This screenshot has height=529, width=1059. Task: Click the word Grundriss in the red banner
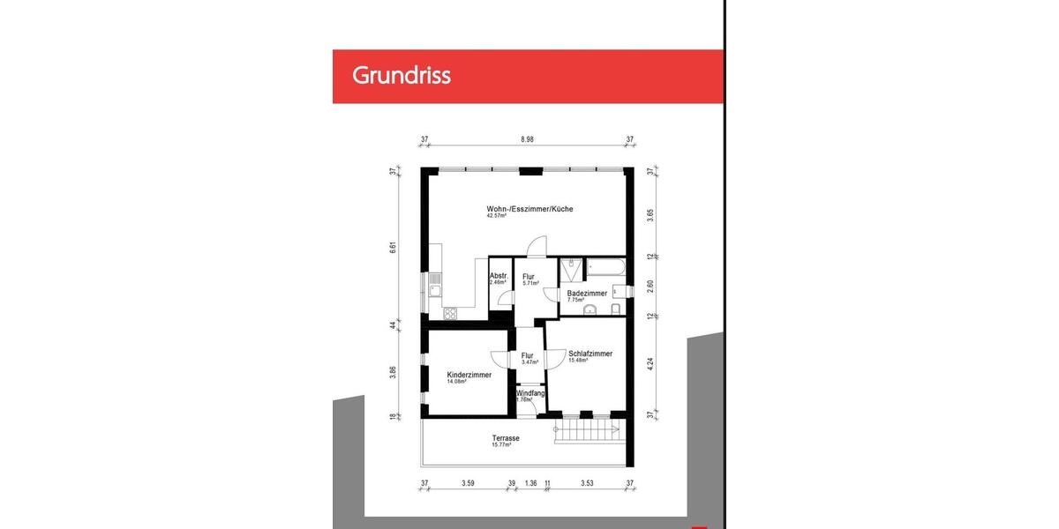pyautogui.click(x=402, y=76)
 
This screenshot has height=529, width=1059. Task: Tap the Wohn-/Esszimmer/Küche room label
pyautogui.click(x=530, y=209)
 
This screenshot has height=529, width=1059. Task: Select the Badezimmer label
pyautogui.click(x=587, y=293)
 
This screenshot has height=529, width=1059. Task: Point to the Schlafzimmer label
pyautogui.click(x=590, y=354)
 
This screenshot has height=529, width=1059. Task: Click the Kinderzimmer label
pyautogui.click(x=469, y=375)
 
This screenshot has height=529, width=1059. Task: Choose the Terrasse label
pyautogui.click(x=506, y=438)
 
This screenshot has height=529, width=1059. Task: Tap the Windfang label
pyautogui.click(x=531, y=393)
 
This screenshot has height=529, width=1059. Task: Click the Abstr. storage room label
pyautogui.click(x=499, y=276)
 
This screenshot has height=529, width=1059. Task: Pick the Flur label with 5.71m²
pyautogui.click(x=529, y=277)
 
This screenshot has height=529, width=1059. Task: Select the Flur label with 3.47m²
pyautogui.click(x=528, y=355)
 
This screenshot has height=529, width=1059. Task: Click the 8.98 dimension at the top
pyautogui.click(x=528, y=139)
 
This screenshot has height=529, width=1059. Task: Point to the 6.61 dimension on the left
pyautogui.click(x=394, y=248)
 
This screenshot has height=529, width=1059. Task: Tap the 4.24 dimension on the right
pyautogui.click(x=650, y=365)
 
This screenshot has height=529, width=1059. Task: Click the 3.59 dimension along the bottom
pyautogui.click(x=469, y=483)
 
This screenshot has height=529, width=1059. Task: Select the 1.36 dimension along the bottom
pyautogui.click(x=530, y=483)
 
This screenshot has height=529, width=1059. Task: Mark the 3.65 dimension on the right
pyautogui.click(x=650, y=212)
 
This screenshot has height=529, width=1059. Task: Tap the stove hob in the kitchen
pyautogui.click(x=450, y=312)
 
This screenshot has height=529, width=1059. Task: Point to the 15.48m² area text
pyautogui.click(x=578, y=361)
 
